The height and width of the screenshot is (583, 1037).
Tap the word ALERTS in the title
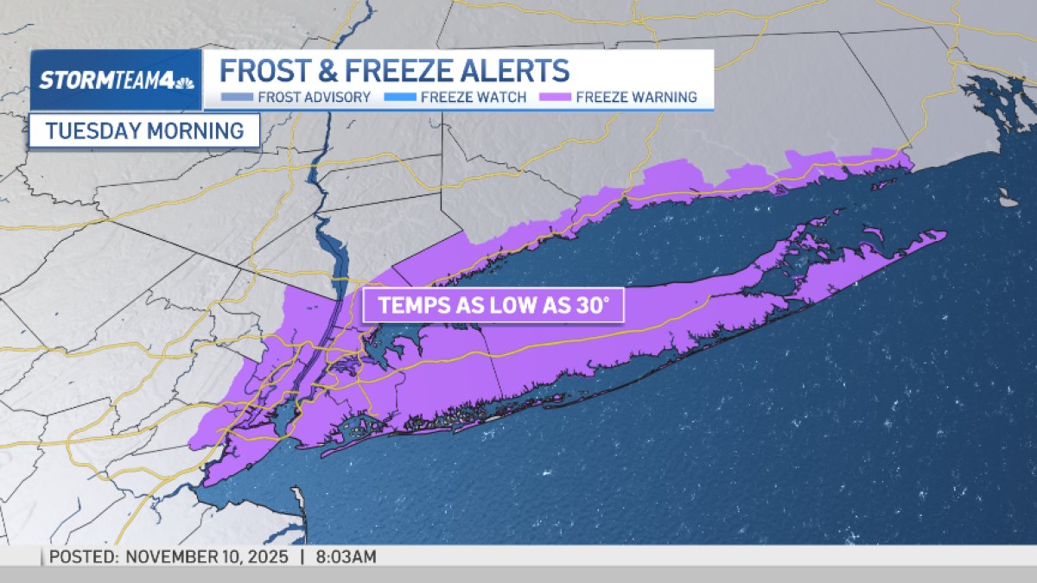pos(518,69)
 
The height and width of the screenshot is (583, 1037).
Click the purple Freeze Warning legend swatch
pos(555,97)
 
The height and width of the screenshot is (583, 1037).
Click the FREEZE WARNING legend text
pos(636,97)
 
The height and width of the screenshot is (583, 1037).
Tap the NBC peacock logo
pos(184,82)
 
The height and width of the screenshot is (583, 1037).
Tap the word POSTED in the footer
pos(82,557)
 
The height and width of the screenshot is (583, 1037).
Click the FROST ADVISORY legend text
pos(315,97)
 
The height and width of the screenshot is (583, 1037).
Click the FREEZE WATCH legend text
pos(474,97)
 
